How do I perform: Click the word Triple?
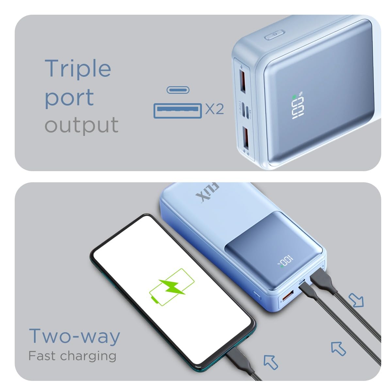coord(78,69)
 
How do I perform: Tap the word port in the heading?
coord(69,98)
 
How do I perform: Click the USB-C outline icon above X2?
coord(178,90)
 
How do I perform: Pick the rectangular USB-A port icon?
coord(178,111)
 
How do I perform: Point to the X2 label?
coord(214,109)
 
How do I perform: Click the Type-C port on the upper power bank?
coord(247,112)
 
